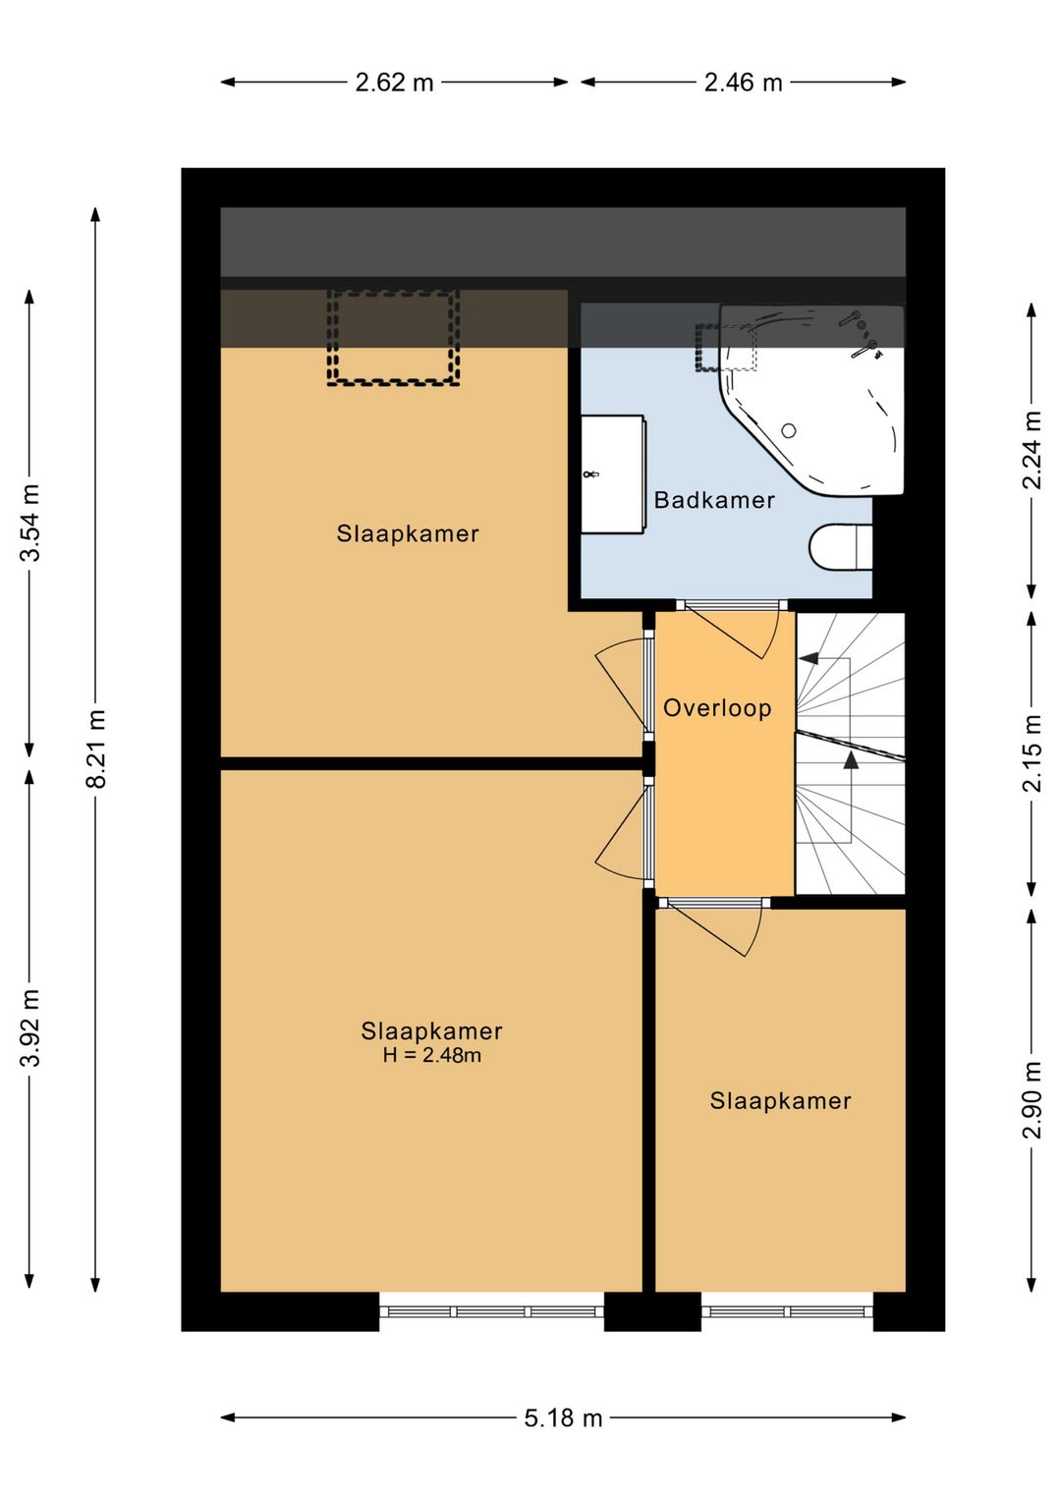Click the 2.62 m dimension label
coord(394,83)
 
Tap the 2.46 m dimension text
coord(743,83)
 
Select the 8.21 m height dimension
coord(95,749)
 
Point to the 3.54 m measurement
coord(29,522)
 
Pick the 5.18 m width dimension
coord(563,1417)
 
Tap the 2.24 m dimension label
coord(1032,450)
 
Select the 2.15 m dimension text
coord(1032,753)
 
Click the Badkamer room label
coord(714,500)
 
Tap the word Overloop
coord(717,708)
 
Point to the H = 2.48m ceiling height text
coord(431,1055)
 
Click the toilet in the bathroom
coord(841,547)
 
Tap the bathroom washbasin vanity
coord(612,473)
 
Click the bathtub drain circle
coord(789,430)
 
